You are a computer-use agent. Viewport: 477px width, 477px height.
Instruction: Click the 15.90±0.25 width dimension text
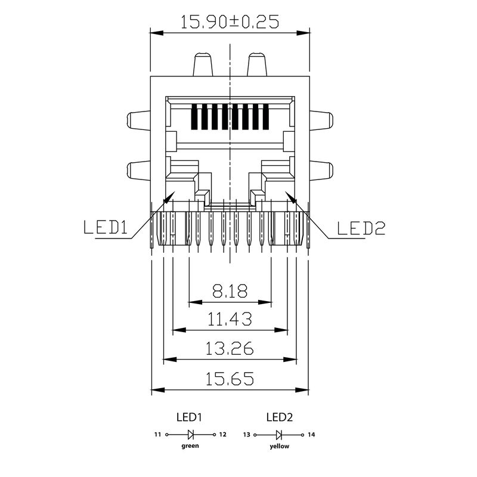click(230, 22)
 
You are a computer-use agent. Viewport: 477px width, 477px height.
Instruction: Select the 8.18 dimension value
click(230, 292)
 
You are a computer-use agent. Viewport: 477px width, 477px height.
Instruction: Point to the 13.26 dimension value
click(230, 348)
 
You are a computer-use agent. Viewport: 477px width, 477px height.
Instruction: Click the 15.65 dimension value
click(230, 379)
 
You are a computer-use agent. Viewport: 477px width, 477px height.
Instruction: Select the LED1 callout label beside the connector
click(106, 228)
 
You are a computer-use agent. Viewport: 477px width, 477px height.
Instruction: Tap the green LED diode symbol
click(191, 435)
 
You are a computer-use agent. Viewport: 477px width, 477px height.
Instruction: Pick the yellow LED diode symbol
click(279, 435)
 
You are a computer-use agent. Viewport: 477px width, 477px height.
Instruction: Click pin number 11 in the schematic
click(158, 435)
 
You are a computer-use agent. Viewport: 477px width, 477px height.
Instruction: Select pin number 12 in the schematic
click(222, 435)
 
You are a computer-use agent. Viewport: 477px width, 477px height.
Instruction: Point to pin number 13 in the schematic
click(246, 435)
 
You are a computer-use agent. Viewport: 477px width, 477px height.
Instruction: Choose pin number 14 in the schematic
click(311, 435)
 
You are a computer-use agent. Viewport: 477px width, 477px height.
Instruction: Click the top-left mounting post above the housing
click(203, 64)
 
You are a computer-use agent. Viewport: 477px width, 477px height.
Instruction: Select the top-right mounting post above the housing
click(256, 64)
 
